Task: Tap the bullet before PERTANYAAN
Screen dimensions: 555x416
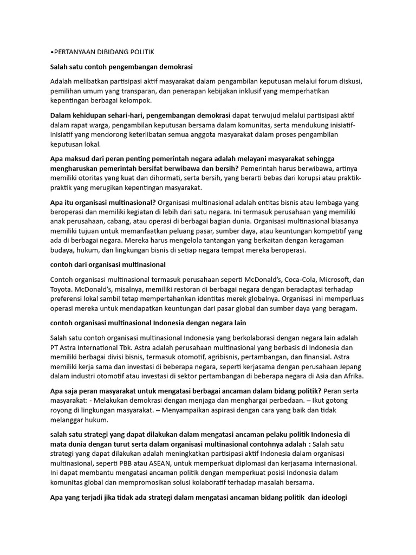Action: tap(50, 52)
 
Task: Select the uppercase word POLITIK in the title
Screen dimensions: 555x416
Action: tap(141, 52)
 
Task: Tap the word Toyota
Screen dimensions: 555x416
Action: tap(61, 289)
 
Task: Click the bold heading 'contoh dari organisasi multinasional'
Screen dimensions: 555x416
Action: tap(108, 264)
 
